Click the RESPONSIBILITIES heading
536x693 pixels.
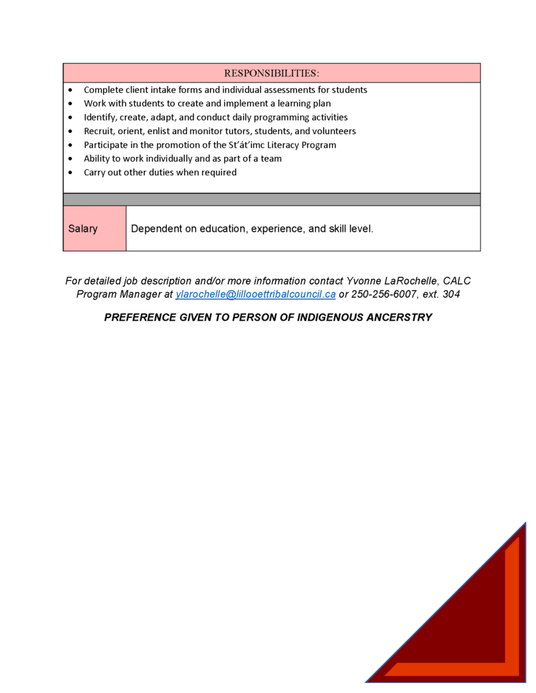pos(271,73)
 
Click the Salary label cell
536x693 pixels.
pos(83,229)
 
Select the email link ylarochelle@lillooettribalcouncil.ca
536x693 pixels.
pos(255,294)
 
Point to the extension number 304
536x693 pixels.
pos(451,294)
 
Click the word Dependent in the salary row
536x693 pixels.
pos(155,229)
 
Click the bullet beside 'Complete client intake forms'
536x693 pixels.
pos(71,90)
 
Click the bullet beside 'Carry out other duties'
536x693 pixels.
pos(71,173)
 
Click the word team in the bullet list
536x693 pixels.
pos(270,158)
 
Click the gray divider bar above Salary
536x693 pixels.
pos(271,200)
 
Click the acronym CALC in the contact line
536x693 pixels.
pos(457,281)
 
